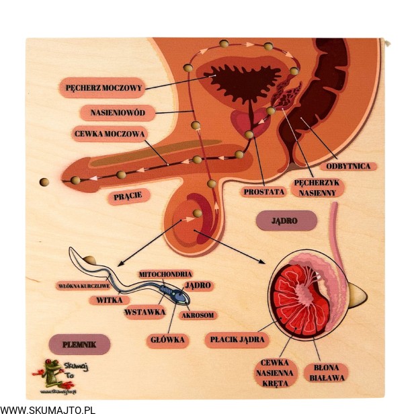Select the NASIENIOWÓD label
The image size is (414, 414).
click(x=118, y=112)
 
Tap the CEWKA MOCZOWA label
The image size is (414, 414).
click(x=110, y=134)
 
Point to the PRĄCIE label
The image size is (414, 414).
click(x=128, y=197)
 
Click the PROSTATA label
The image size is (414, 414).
click(x=264, y=192)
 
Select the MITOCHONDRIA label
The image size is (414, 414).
click(x=165, y=274)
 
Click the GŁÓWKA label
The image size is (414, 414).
click(x=167, y=340)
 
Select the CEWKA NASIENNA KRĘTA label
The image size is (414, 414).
click(x=275, y=372)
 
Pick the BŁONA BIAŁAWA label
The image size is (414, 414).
click(x=327, y=372)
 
